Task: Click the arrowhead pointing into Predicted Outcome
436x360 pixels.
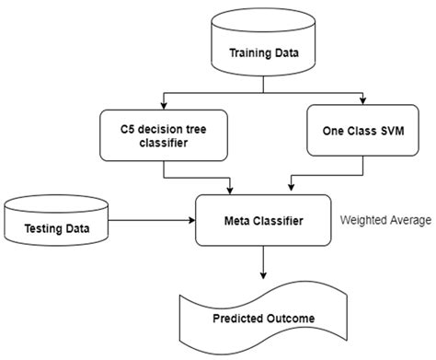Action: click(x=263, y=273)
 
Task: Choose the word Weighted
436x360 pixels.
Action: click(x=362, y=221)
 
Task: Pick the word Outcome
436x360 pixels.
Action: click(x=289, y=319)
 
